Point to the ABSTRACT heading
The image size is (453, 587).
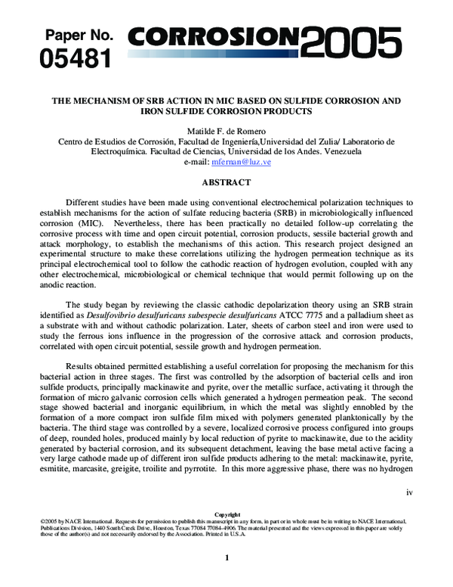[226, 182]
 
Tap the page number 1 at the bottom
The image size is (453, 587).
[226, 557]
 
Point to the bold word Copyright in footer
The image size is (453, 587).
[226, 514]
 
